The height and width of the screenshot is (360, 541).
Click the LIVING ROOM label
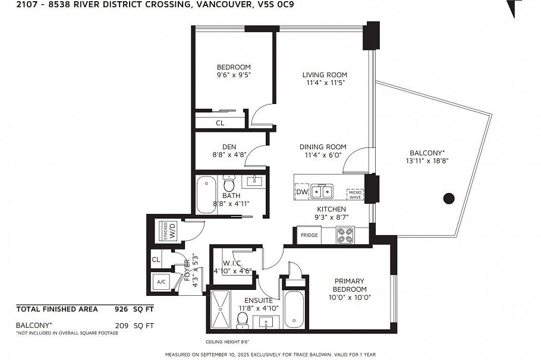click(x=324, y=75)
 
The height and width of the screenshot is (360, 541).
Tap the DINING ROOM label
click(x=322, y=147)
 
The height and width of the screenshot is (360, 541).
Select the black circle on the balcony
click(x=449, y=198)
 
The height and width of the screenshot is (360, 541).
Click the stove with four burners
click(x=345, y=235)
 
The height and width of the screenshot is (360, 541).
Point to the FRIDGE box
click(x=309, y=236)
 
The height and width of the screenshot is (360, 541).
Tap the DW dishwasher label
click(x=301, y=192)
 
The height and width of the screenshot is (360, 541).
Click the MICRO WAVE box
click(x=355, y=194)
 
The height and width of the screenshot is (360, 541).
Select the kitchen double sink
click(x=322, y=191)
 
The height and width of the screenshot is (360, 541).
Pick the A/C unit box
click(x=161, y=282)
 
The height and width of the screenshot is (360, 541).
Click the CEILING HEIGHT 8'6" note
click(x=227, y=342)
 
